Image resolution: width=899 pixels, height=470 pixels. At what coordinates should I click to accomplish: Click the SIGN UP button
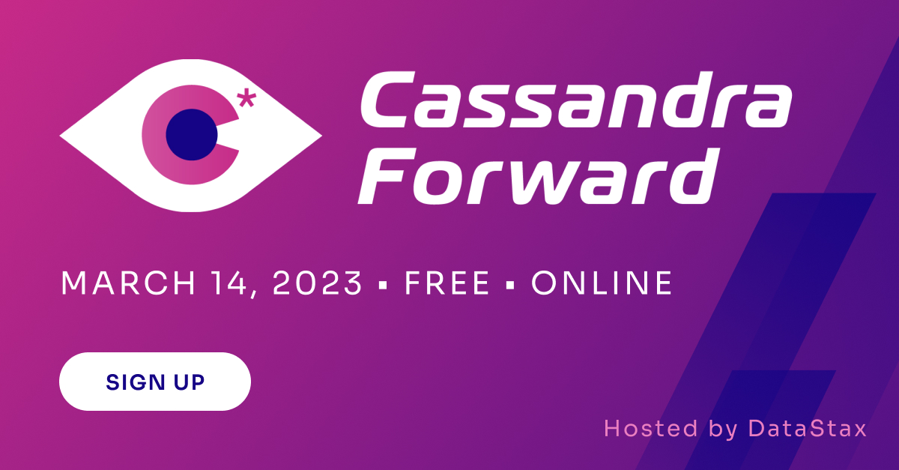pos(155,382)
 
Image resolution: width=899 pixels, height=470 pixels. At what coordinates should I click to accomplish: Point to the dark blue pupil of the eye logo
pos(190,134)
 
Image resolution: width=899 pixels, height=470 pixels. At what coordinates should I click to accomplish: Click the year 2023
pos(318,283)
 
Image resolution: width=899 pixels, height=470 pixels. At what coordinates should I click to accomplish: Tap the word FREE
pos(447,283)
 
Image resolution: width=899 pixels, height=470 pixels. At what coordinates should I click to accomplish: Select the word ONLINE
pos(602,283)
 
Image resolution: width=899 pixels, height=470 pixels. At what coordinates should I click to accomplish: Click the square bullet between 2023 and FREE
pos(384,286)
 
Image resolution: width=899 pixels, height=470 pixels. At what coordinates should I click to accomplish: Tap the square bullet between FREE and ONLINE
pos(511,286)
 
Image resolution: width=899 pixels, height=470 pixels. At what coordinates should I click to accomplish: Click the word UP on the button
pos(190,382)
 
